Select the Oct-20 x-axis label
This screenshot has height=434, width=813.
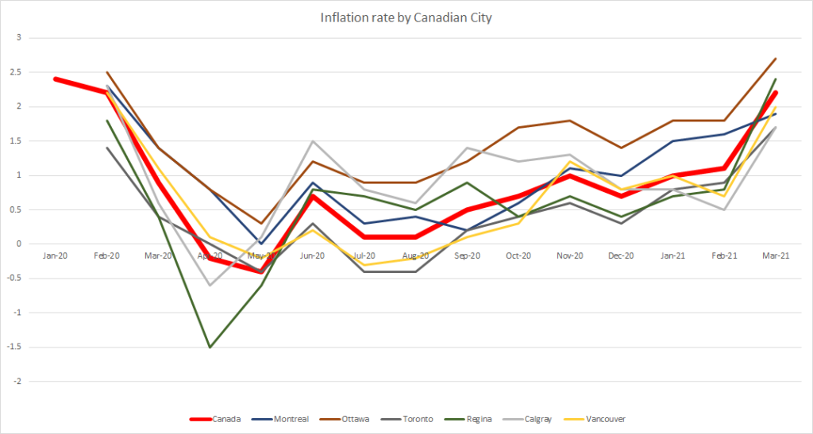[518, 255]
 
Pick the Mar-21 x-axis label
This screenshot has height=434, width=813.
[776, 255]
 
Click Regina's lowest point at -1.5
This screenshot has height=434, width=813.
[210, 348]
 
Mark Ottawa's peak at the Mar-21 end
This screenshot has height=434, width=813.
[776, 59]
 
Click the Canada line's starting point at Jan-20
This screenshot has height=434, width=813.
[56, 79]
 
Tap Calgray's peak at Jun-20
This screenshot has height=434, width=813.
[313, 141]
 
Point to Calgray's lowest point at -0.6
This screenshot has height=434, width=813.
[210, 286]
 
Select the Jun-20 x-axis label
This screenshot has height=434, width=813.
[313, 255]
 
